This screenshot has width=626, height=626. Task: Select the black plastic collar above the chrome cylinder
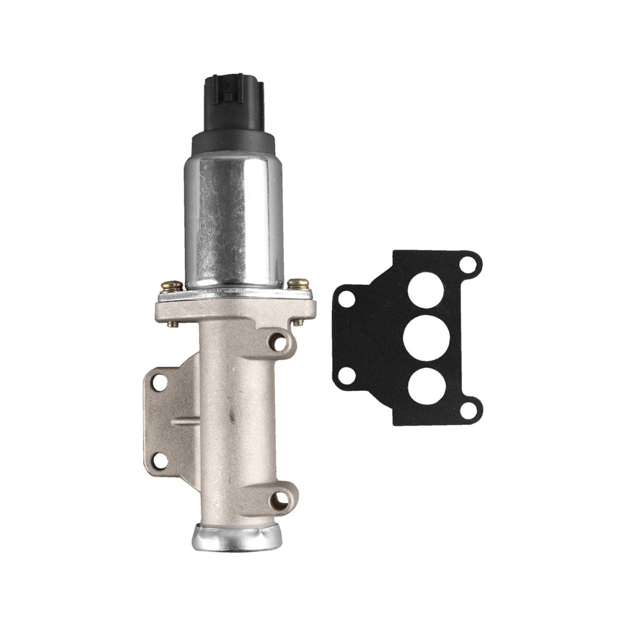click(x=233, y=142)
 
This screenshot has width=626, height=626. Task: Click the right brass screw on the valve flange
click(x=299, y=284)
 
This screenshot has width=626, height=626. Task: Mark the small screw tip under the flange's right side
click(x=298, y=322)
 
